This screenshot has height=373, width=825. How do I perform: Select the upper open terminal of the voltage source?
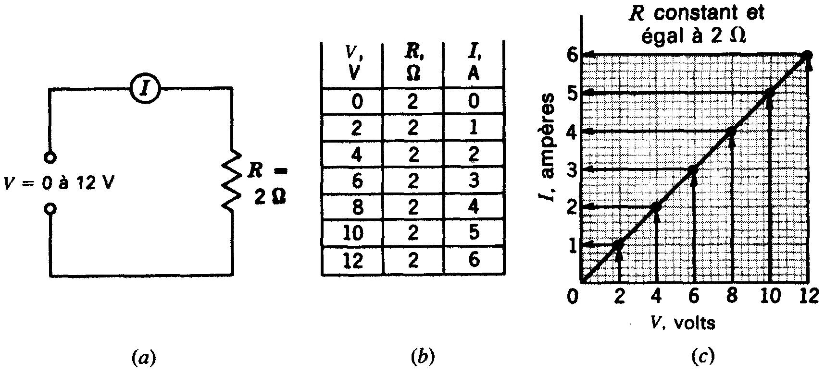click(x=50, y=157)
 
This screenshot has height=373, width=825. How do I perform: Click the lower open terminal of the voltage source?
click(x=50, y=209)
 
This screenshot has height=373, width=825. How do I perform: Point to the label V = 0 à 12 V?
click(x=59, y=183)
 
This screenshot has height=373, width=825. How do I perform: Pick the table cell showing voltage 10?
click(x=352, y=233)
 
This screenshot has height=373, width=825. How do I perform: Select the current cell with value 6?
click(x=474, y=260)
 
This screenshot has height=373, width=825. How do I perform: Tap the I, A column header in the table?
click(x=474, y=64)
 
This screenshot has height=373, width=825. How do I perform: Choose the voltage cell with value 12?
click(x=352, y=260)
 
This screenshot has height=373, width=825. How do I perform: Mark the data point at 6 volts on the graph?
click(x=693, y=169)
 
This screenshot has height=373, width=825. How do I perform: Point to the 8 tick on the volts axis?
click(x=732, y=296)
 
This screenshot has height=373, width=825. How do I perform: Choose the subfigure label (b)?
click(x=423, y=357)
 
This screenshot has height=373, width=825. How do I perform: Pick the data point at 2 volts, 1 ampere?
click(x=618, y=244)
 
